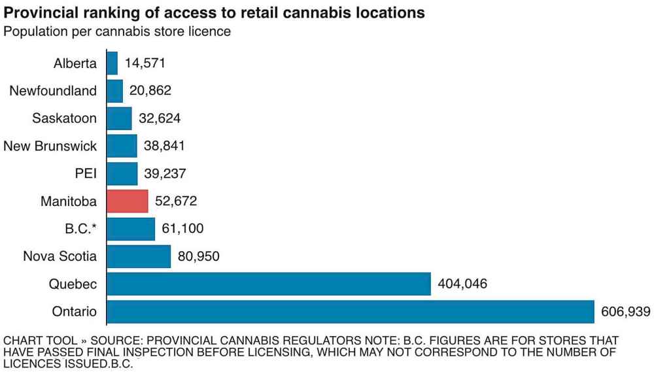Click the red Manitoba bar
pos(128,201)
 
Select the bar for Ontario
pos(350,312)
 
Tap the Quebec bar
pos(268,284)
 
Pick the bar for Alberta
pos(112,63)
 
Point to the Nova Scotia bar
pos(138,256)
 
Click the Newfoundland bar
pos(114,91)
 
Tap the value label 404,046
pos(462,284)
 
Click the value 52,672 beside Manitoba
pos(176,201)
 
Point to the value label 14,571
pos(145,63)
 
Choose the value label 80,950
pos(198,256)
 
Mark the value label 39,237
pos(165,174)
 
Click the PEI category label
pos(86,174)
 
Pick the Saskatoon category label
pos(64,118)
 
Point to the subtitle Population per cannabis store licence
pos(117,31)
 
